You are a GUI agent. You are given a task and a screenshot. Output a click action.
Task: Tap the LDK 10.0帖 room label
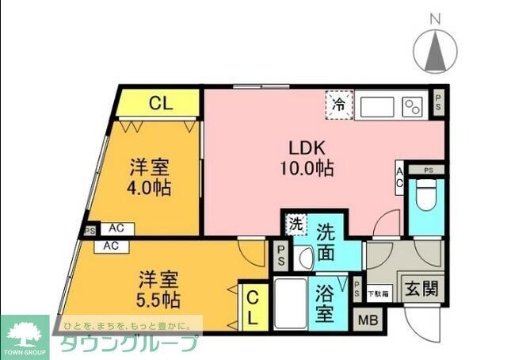tap(307, 157)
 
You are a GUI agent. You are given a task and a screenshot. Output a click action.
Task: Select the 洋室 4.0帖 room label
tap(151, 178)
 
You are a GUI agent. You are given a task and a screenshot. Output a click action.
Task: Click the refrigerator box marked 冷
tap(339, 104)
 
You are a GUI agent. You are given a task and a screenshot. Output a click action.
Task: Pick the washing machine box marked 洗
tap(295, 224)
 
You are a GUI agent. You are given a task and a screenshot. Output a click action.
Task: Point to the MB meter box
tap(368, 320)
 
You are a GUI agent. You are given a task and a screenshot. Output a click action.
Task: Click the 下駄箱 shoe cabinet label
tap(379, 293)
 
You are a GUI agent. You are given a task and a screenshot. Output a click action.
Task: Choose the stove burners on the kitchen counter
tap(413, 106)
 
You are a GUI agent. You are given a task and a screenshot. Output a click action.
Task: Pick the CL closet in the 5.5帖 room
tap(251, 306)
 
